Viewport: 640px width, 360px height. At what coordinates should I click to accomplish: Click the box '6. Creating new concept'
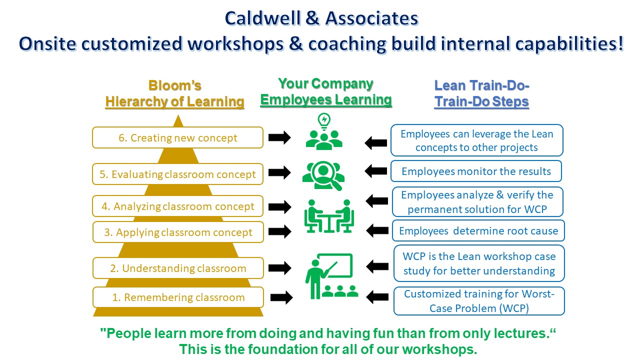(177, 137)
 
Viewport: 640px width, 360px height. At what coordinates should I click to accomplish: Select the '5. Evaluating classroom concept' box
(177, 174)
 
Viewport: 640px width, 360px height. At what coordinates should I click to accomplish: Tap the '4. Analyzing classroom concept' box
(177, 206)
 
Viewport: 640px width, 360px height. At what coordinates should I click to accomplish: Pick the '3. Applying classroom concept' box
(178, 232)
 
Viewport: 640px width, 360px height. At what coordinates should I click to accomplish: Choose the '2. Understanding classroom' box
(178, 268)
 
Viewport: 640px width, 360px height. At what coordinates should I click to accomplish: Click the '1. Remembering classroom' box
(178, 297)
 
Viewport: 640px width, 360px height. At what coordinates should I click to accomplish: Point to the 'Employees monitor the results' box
(476, 171)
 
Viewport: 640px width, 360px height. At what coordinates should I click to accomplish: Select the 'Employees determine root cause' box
(478, 230)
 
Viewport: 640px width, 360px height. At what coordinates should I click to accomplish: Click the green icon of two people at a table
(329, 216)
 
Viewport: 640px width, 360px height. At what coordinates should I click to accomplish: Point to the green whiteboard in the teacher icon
(335, 265)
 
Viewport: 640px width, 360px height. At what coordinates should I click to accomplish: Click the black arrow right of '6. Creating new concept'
(279, 137)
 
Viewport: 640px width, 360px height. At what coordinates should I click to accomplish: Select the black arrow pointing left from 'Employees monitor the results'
(375, 171)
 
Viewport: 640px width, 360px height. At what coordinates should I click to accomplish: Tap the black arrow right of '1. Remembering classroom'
(281, 297)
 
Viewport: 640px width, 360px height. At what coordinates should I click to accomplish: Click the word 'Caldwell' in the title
(262, 18)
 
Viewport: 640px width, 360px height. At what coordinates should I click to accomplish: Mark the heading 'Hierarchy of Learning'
(175, 101)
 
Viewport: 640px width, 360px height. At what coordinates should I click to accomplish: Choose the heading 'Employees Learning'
(326, 99)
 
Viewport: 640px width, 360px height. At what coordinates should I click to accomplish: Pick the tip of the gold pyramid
(178, 115)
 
